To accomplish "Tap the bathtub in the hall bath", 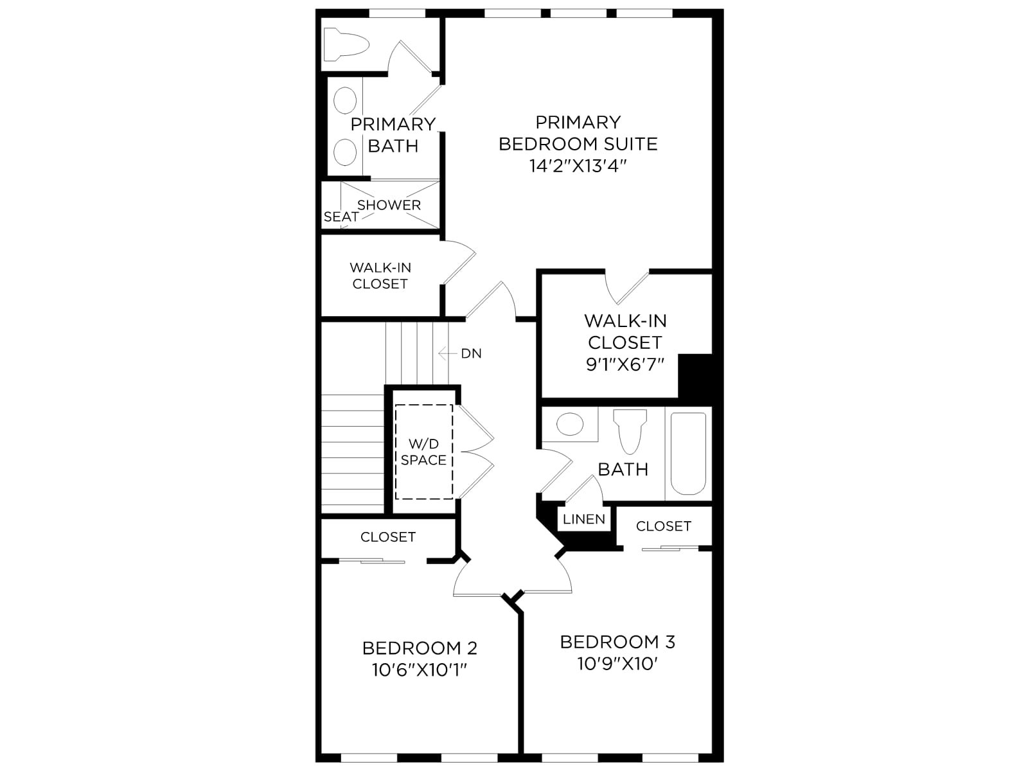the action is click(688, 453).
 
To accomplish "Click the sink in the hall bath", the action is click(569, 424).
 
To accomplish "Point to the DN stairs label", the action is click(471, 354).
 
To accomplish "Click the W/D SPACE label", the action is click(423, 452).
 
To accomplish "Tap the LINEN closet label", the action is click(584, 519).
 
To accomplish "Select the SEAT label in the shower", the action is click(341, 217).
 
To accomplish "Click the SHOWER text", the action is click(389, 205).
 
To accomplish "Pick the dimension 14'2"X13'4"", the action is click(578, 166).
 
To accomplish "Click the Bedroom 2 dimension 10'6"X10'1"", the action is click(420, 670).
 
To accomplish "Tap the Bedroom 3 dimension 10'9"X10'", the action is click(617, 664).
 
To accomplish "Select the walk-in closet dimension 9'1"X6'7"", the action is click(625, 364).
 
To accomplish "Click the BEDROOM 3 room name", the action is click(617, 642).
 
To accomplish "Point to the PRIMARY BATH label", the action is click(393, 135).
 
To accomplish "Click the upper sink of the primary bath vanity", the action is click(345, 100).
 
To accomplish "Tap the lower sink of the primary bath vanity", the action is click(345, 152).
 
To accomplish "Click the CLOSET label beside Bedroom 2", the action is click(388, 537).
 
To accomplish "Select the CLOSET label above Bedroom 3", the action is click(664, 526).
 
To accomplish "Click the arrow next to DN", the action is click(447, 353).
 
